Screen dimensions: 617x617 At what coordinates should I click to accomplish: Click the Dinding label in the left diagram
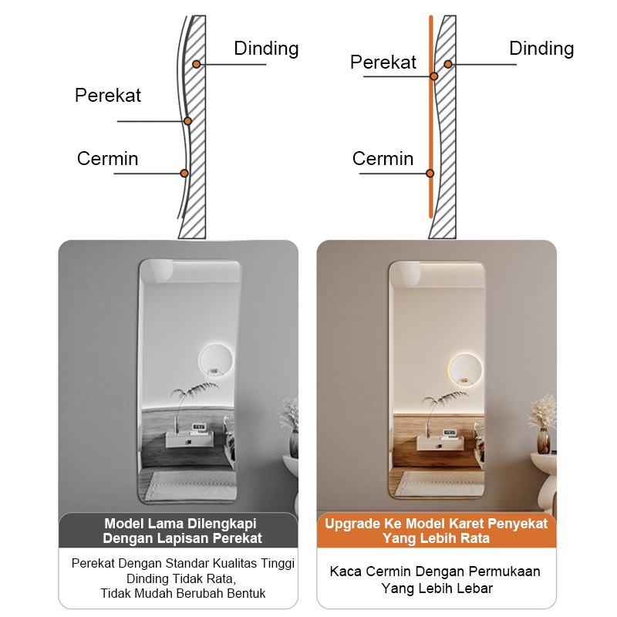tap(266, 49)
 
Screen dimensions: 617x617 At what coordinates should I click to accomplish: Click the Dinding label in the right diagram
tap(541, 49)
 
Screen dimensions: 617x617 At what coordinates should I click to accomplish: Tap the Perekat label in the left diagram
tap(108, 96)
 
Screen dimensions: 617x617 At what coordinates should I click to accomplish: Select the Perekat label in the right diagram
tap(383, 62)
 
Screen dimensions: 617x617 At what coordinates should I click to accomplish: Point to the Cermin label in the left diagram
tap(108, 159)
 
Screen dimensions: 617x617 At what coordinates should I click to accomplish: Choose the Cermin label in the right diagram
tap(383, 159)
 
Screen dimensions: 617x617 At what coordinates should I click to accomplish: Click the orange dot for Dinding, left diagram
tap(197, 64)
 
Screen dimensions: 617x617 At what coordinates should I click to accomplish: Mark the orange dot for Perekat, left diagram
tap(187, 121)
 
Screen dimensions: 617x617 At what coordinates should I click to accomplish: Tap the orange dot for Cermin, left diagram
tap(184, 173)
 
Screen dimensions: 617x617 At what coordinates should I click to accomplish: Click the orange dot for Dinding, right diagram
tap(448, 64)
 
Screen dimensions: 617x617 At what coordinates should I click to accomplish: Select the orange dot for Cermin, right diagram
tap(430, 173)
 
